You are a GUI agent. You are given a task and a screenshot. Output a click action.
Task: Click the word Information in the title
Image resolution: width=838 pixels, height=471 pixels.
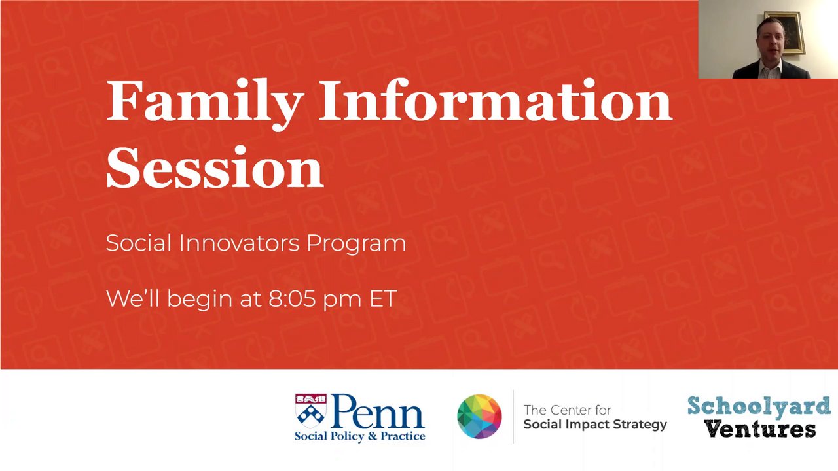coord(496,100)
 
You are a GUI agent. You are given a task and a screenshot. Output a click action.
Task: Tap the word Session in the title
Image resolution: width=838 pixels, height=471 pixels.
coord(215,167)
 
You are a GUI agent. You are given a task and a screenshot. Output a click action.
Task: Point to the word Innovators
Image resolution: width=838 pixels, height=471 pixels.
coord(240,243)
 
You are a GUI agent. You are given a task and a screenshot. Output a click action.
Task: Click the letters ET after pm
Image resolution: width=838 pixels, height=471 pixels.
coord(383,299)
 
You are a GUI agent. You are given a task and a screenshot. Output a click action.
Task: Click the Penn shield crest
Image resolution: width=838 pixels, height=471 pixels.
coord(310,411)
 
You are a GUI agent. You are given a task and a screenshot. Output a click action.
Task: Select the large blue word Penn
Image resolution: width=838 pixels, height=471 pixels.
coord(377,411)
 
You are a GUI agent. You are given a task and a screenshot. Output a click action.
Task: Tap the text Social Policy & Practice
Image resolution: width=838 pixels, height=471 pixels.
coord(360,436)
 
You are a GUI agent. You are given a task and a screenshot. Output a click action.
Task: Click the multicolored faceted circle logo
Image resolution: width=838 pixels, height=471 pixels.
coord(479,417)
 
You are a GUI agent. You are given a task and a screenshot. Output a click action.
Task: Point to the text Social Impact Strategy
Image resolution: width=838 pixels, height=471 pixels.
coord(595,425)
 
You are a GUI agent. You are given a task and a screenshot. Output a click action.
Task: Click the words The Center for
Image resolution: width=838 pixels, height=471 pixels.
coord(567,410)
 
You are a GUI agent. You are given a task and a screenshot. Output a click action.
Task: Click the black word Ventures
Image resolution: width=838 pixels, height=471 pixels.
coord(760,429)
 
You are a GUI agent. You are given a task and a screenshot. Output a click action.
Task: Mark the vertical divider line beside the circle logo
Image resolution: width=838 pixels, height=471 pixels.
coord(513,417)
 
